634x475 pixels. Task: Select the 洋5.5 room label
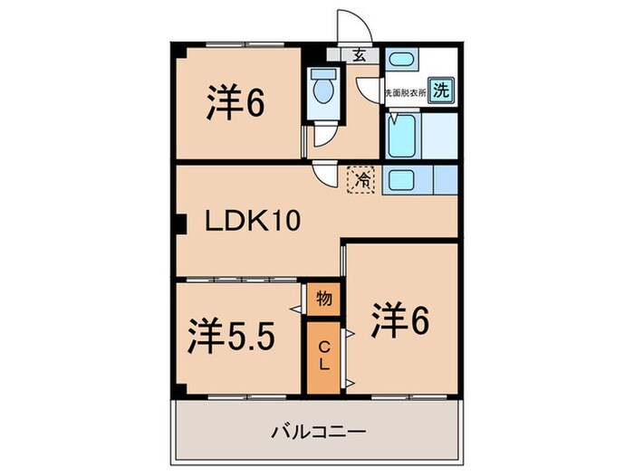click(231, 337)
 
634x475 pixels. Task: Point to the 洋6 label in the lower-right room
click(398, 319)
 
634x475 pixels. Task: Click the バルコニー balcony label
click(319, 432)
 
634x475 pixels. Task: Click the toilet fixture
click(321, 91)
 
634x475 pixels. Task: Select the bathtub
click(401, 136)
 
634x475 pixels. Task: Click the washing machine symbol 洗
click(440, 90)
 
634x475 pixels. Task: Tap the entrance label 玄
click(360, 56)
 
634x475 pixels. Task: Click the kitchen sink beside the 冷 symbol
click(400, 179)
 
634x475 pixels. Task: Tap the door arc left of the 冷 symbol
click(324, 174)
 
